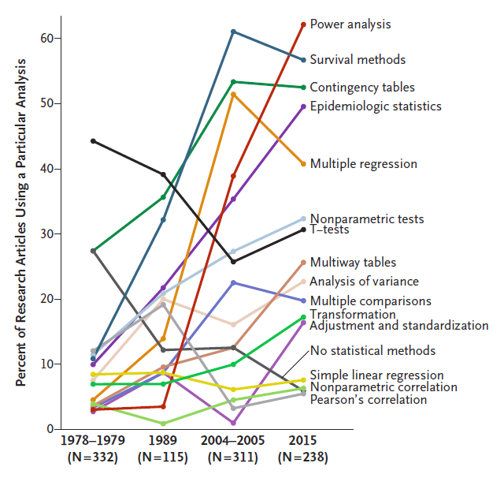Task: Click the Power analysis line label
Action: (x=350, y=24)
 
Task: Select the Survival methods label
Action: (x=358, y=59)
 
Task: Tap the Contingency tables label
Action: (x=362, y=87)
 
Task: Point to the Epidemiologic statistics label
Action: (x=376, y=106)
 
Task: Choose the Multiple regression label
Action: (x=363, y=164)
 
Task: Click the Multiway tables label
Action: (x=353, y=263)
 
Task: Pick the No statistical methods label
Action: (x=372, y=350)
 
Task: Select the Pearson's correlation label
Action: (x=368, y=400)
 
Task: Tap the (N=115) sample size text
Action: (x=163, y=457)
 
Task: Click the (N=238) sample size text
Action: (x=303, y=457)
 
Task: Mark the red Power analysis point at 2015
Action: (x=303, y=24)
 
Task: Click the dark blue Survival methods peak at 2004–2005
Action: (x=233, y=32)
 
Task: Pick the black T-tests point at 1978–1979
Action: (x=93, y=140)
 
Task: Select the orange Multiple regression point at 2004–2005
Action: (x=233, y=94)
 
